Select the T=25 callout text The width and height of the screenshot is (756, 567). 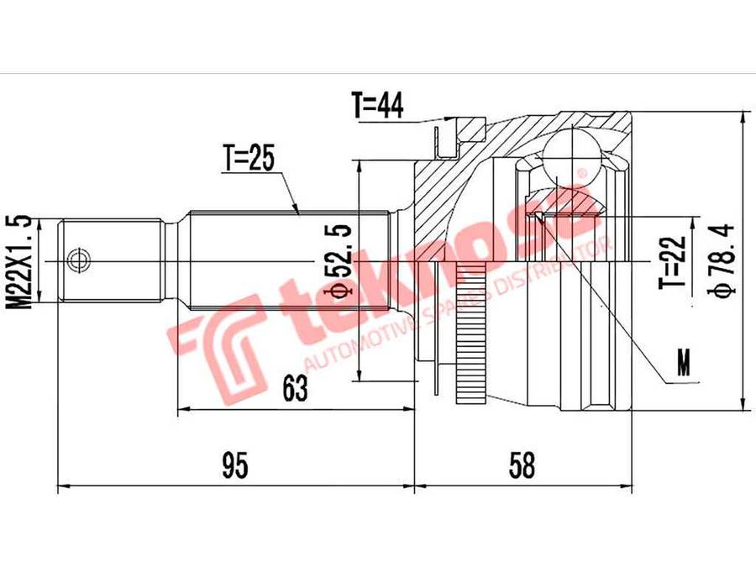point(249,158)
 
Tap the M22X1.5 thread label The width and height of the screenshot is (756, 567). point(18,262)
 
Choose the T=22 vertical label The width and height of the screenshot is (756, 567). point(673,262)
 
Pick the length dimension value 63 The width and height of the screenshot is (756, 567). point(295,388)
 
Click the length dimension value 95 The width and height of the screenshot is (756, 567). point(235,465)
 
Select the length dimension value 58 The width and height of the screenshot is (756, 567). point(522,465)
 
